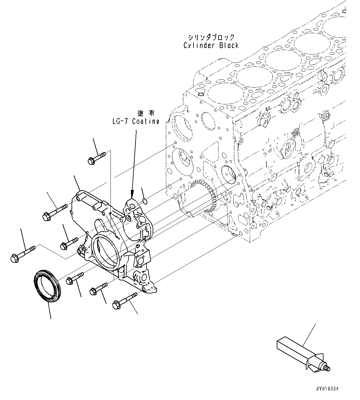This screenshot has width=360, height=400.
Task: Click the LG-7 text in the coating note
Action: point(121,121)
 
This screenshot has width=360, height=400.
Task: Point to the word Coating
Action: point(145,121)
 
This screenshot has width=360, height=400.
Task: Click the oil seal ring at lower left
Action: point(47,284)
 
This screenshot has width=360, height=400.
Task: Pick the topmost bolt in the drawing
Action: point(96,157)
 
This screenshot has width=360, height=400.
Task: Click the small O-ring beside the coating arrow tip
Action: point(145,201)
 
